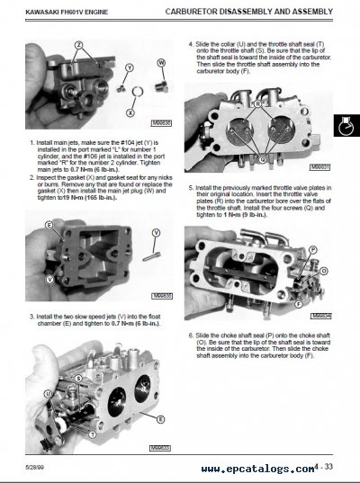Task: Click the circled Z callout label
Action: [x=78, y=44]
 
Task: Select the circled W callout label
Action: [x=161, y=62]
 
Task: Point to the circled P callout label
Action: [x=313, y=248]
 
